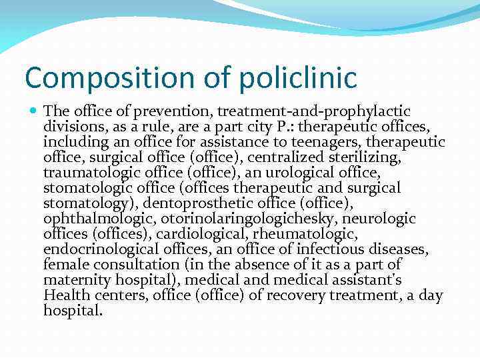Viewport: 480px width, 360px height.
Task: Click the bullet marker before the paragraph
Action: [x=33, y=111]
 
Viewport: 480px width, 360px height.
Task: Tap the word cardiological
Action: [x=204, y=233]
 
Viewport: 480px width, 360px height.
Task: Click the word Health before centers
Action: [x=64, y=294]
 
